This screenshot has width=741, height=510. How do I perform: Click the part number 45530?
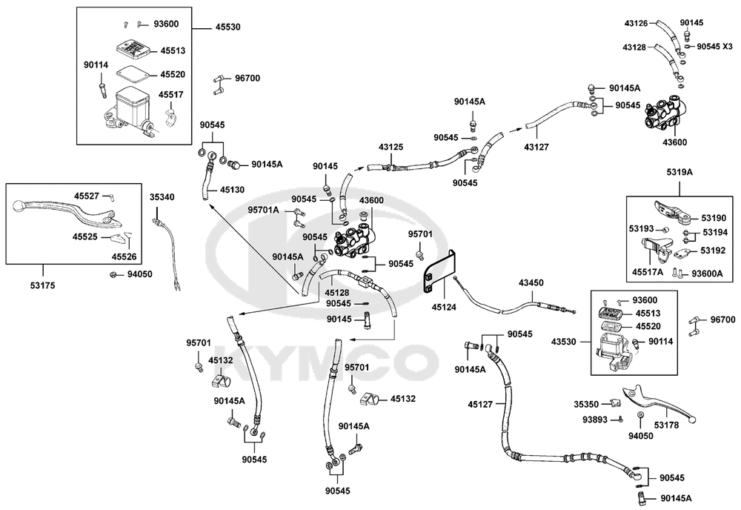pos(227,27)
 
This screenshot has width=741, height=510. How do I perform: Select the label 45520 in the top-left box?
pos(173,74)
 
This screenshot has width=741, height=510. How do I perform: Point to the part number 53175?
pos(43,285)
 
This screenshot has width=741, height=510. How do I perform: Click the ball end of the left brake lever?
pos(18,205)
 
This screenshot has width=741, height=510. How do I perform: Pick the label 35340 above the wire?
pos(162,197)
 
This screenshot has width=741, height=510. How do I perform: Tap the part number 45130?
pos(232,190)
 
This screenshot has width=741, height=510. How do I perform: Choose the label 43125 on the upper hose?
pos(391,147)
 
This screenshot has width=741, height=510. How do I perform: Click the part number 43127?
pos(536,147)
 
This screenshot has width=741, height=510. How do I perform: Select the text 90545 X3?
pos(714,46)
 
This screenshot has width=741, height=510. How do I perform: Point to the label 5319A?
pos(679,172)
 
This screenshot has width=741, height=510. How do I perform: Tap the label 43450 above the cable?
pos(531,282)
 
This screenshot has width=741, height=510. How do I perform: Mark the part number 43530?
pos(564,341)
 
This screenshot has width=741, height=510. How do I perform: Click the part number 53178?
pos(666,425)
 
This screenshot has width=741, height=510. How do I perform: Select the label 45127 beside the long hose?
pos(480,404)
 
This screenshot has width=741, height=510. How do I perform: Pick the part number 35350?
pos(586,404)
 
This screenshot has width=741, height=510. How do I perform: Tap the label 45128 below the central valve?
pos(337,293)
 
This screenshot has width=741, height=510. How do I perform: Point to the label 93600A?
pos(708,274)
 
